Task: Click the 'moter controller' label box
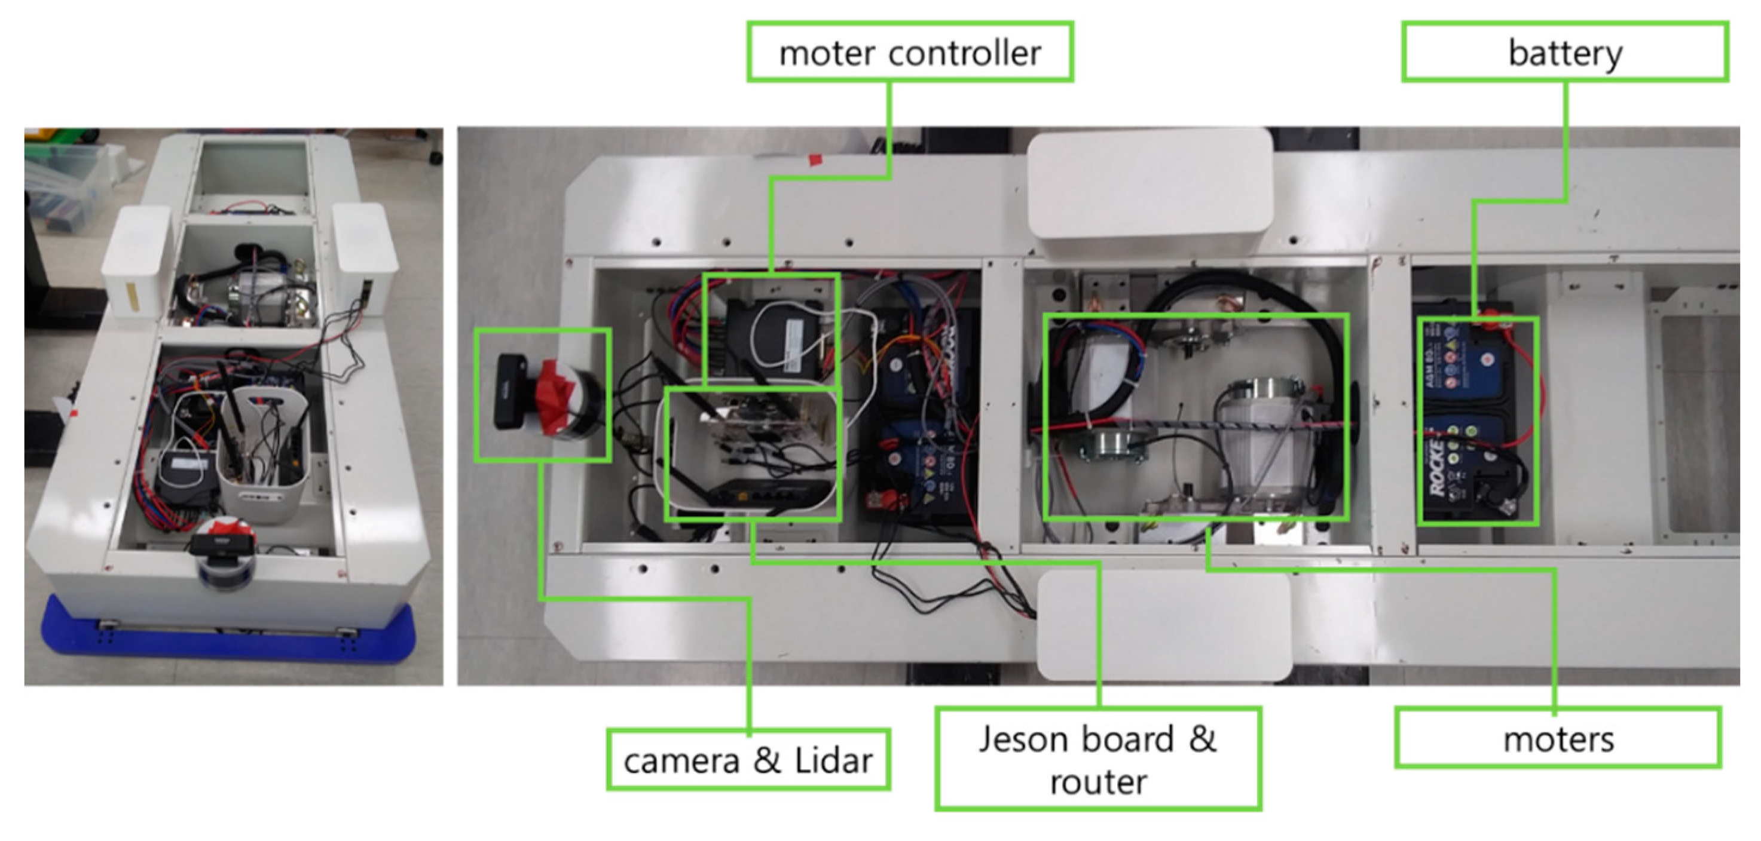click(909, 53)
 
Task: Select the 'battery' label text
click(1565, 53)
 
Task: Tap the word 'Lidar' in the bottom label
click(833, 760)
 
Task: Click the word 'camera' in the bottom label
click(681, 760)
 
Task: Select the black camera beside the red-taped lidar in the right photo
click(510, 391)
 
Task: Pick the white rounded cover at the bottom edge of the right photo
click(1162, 625)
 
